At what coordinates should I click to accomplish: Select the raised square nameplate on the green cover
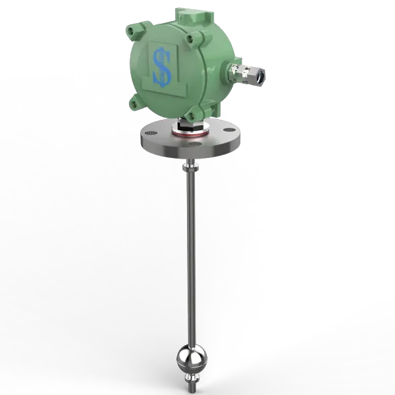click(x=161, y=66)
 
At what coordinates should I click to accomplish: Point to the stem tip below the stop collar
click(x=190, y=387)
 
